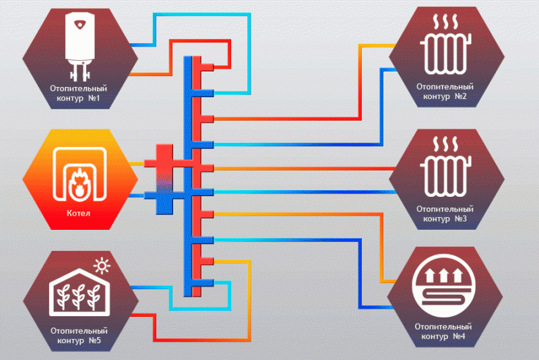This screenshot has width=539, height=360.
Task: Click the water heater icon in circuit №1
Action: (80, 40)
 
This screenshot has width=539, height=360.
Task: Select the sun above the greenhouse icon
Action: (102, 266)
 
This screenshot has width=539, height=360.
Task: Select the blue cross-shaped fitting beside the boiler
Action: (162, 198)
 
